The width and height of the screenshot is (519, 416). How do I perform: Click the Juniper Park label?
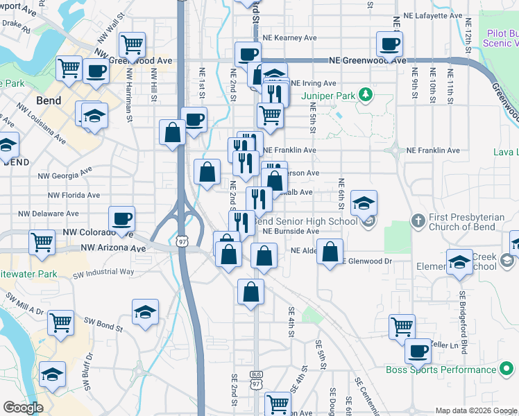click(328, 95)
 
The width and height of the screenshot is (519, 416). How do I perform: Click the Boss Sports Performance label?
click(441, 370)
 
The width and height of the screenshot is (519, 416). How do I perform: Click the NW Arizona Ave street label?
click(113, 248)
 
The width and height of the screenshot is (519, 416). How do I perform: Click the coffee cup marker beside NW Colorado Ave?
click(123, 219)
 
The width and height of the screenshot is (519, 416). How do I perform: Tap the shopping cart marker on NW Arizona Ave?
click(42, 242)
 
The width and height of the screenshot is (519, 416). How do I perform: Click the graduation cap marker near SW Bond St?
click(145, 311)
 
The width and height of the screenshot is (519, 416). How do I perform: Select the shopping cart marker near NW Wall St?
click(132, 45)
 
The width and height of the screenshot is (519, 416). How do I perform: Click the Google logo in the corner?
click(23, 408)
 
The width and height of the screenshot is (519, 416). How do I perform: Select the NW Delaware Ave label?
click(48, 214)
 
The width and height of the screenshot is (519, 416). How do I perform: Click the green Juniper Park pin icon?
click(362, 95)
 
